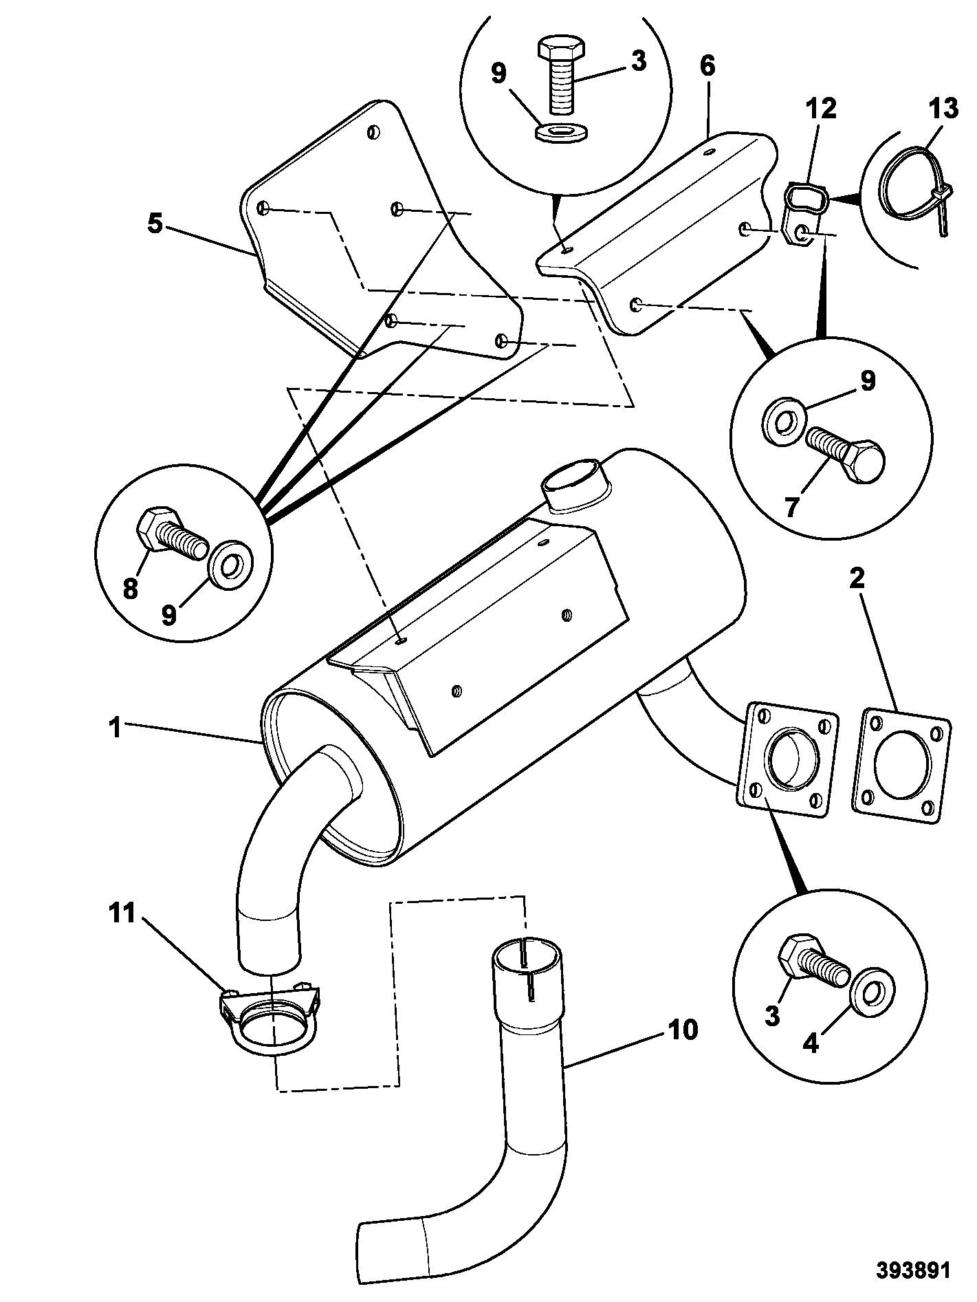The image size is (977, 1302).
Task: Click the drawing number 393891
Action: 914,1270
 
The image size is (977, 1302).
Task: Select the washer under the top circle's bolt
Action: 560,131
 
